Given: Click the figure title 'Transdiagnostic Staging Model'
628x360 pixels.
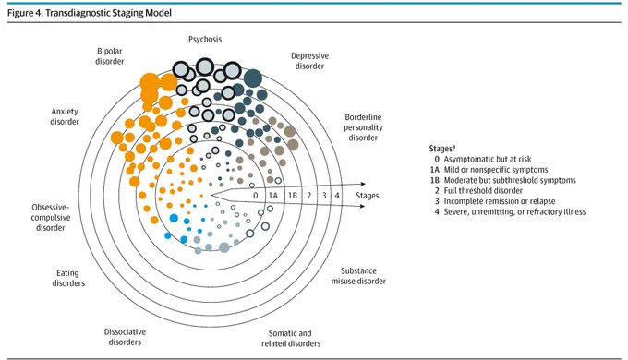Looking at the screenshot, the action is (x=109, y=13).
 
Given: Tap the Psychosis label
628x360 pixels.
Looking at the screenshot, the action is (x=205, y=40).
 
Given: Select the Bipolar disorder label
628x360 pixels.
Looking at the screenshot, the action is (x=110, y=56).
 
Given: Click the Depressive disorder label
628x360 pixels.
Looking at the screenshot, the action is (x=309, y=61).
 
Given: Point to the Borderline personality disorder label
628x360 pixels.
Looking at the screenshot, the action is (x=363, y=127).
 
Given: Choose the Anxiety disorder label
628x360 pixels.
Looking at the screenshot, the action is (x=65, y=116).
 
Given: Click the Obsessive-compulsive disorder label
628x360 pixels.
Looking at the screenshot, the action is (x=51, y=218).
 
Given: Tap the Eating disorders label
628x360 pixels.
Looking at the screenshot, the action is (x=68, y=278).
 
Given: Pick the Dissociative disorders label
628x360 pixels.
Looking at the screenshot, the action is (x=125, y=337).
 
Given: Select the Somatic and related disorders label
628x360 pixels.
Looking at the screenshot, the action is (x=291, y=339).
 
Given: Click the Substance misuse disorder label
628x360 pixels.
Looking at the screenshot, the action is (x=358, y=276).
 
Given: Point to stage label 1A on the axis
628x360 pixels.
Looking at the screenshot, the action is (x=273, y=196).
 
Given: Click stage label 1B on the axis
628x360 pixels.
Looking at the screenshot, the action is (x=293, y=196).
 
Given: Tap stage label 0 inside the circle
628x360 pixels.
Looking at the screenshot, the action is (x=256, y=196).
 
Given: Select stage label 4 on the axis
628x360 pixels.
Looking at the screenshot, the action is (x=337, y=196).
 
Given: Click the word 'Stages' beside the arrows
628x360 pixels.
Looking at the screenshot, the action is (x=368, y=196).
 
